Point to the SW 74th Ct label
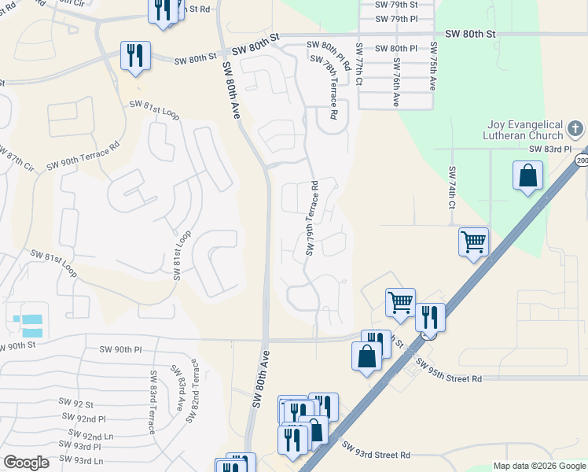click(452, 187)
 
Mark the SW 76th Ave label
click(396, 82)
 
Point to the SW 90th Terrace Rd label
click(83, 155)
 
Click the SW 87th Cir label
click(16, 157)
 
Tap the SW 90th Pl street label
click(120, 349)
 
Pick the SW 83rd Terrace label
click(153, 395)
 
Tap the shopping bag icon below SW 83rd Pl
click(528, 176)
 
